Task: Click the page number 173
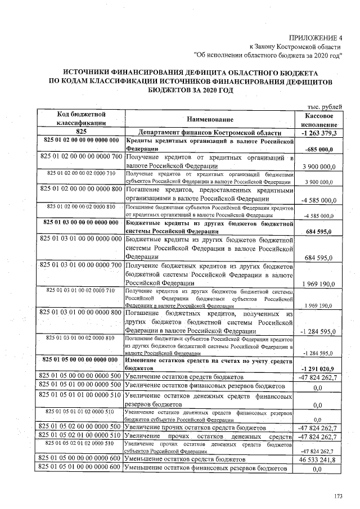[x=338, y=496]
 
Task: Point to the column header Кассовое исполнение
[x=319, y=119]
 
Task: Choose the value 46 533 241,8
[x=318, y=459]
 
